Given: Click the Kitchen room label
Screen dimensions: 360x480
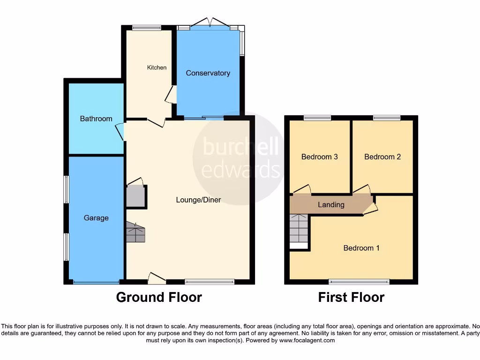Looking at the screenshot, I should point(157,67).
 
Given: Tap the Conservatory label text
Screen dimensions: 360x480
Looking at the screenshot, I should point(208,73).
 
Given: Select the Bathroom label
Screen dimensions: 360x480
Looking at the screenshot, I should point(96,119).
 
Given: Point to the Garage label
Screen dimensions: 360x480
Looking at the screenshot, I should point(96,218).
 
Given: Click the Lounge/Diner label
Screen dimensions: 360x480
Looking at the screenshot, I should point(198,200).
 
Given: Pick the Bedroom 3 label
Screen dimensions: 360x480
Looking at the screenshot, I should point(319,157).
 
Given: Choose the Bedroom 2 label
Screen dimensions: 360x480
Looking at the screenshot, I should point(382,157).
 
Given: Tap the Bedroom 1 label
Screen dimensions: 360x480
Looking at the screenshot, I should point(361,248).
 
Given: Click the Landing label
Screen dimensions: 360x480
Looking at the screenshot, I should point(331,205).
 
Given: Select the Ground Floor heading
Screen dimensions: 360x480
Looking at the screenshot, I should point(159,297).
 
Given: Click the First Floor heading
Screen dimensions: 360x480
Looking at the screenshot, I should point(351,297).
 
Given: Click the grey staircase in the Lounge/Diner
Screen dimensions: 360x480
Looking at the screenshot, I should point(135,232).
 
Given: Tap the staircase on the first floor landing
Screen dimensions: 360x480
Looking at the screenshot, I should point(299,228).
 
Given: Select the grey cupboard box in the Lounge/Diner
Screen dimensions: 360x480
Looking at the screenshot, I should point(136,196).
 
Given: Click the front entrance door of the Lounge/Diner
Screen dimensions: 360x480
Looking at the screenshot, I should point(157,278).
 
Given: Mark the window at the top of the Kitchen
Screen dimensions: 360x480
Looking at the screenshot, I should point(146,28).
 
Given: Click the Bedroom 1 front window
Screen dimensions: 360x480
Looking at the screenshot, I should point(359,282).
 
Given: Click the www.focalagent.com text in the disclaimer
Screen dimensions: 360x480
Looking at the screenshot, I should point(307,341).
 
